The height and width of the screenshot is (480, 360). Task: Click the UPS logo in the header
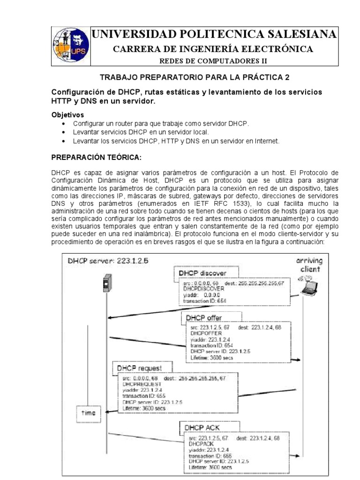[x=69, y=45]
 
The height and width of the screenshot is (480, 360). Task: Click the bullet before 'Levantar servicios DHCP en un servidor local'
[x=63, y=132]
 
